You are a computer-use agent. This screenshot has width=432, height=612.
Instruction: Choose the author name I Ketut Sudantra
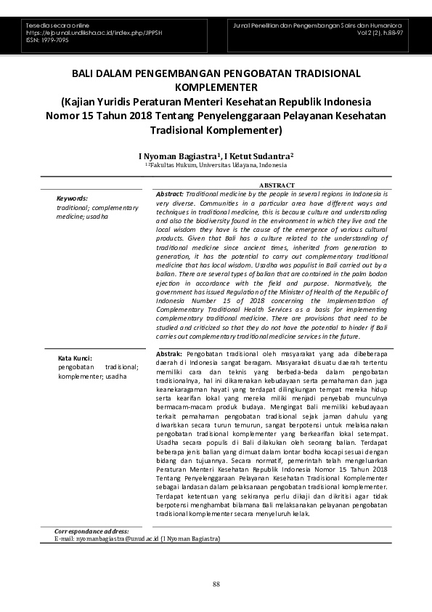(258, 156)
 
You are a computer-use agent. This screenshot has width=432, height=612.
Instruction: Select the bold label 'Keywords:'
(72, 198)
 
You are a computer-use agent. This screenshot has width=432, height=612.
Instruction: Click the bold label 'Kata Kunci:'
(75, 358)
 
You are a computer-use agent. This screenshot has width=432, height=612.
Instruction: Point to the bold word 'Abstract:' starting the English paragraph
(170, 195)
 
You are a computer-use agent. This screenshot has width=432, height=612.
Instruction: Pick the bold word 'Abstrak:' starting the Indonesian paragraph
(169, 353)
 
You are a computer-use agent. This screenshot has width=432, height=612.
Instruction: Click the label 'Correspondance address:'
(91, 531)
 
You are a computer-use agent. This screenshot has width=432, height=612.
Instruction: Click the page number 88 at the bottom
(216, 584)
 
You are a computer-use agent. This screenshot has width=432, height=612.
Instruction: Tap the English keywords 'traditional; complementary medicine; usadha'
(97, 212)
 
